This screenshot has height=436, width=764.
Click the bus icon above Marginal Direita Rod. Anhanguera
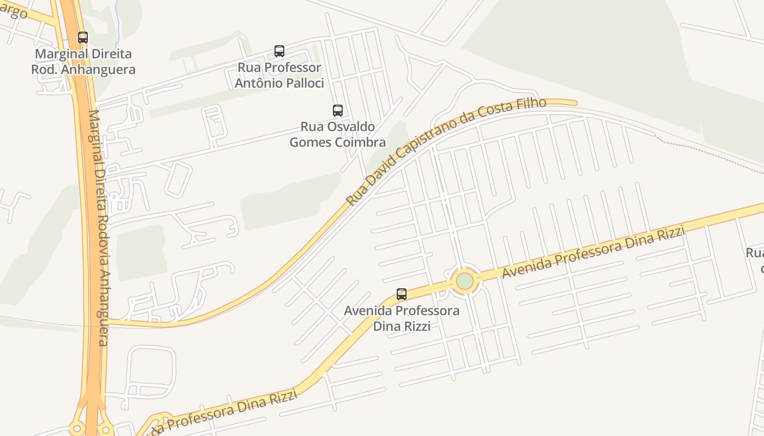[x=83, y=38]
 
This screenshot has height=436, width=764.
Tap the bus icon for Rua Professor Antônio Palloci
[x=279, y=51]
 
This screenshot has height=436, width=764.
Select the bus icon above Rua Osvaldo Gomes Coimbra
[x=338, y=111]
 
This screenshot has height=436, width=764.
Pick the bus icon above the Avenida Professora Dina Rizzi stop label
[x=402, y=294]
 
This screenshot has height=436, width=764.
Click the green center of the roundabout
[x=464, y=281]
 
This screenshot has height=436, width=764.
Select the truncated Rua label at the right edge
[x=755, y=253]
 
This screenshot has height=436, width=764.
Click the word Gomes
[x=309, y=143]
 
